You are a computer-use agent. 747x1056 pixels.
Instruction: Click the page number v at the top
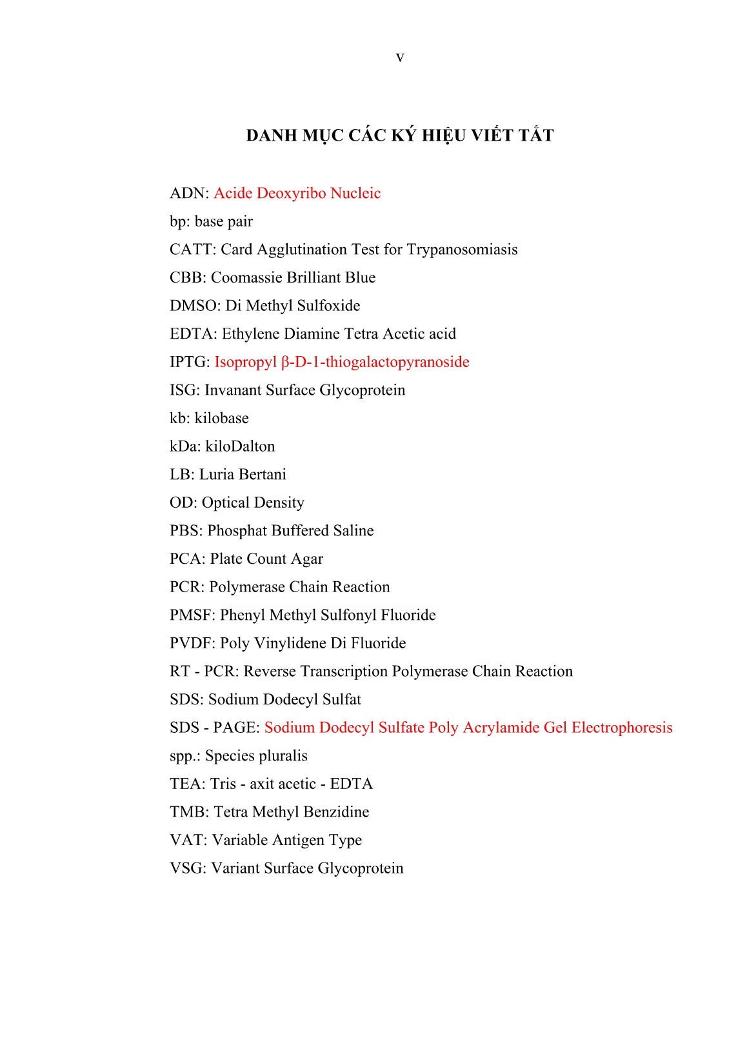(x=400, y=58)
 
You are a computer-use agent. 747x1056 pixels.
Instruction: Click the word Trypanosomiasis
(x=462, y=250)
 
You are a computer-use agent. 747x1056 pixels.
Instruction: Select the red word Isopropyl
(x=245, y=363)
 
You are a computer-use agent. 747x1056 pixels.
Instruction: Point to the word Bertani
(x=261, y=475)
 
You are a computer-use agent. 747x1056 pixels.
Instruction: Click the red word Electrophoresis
(x=622, y=728)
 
